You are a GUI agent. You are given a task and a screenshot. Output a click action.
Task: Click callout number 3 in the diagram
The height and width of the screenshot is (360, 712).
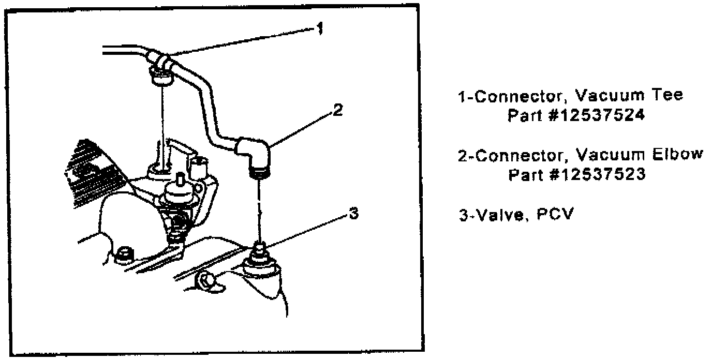(x=352, y=214)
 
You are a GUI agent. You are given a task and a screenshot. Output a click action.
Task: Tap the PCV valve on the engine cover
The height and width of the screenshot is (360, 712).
(x=260, y=253)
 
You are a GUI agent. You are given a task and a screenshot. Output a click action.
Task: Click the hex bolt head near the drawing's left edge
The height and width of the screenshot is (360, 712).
(x=124, y=254)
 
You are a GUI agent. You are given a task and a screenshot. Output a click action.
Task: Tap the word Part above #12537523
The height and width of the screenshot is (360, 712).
(x=525, y=175)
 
